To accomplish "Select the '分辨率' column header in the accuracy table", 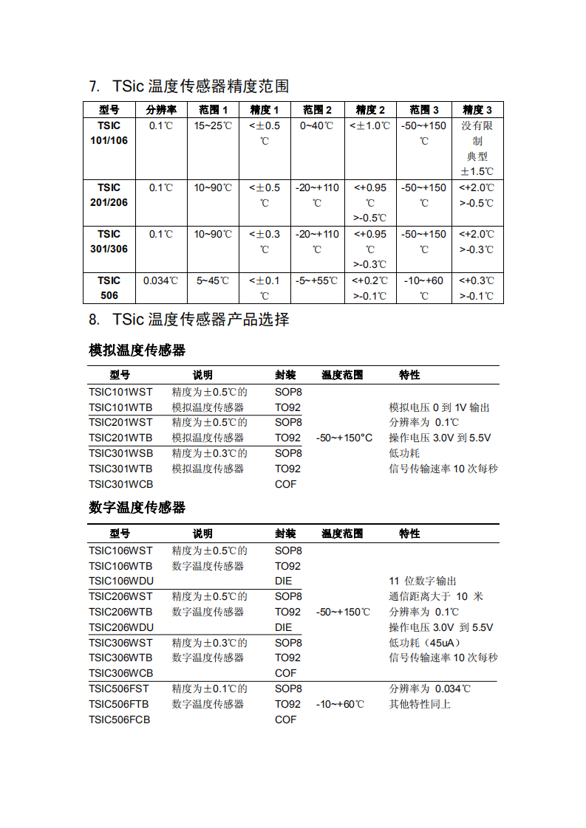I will pos(161,110).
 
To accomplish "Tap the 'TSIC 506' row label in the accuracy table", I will pos(109,288).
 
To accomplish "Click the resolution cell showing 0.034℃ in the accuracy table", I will pos(161,280).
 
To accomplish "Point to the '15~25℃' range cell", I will pos(213,125).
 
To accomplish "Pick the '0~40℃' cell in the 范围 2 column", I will pos(317,125).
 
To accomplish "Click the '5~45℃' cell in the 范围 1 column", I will pos(213,280).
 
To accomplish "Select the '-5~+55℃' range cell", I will pos(317,280).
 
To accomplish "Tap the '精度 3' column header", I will pos(477,110).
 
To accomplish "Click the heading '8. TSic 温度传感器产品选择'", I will pos(188,320).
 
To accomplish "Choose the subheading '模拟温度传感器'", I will pos(137,350).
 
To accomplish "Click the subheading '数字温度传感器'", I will pos(137,508).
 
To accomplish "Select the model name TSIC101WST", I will pos(120,392).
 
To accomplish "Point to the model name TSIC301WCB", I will pos(120,484).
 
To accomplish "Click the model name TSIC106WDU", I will pos(120,581).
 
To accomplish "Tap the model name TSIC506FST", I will pos(118,689).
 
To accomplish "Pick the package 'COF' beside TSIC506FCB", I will pos(285,720).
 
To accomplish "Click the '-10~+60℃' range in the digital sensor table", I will pos(340,704).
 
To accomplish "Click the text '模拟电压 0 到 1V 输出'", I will pos(439,407).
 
